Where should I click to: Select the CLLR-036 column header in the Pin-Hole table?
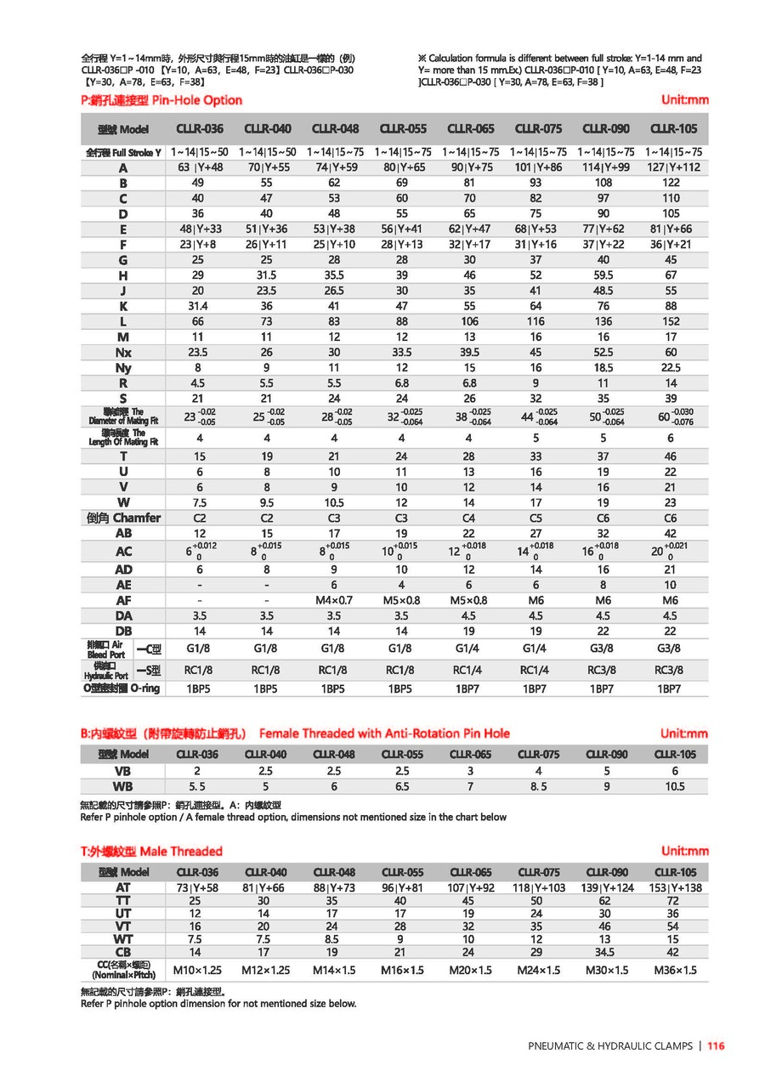(200, 129)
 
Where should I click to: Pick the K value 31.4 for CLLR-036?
(197, 306)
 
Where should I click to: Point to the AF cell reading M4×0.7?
(334, 601)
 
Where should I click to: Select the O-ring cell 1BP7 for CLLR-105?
(670, 688)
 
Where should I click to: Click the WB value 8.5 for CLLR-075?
(538, 787)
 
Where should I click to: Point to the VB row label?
(123, 771)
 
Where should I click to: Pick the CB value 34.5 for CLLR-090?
(605, 952)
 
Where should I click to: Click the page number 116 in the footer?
(716, 1046)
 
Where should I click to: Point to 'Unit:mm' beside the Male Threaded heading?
(684, 852)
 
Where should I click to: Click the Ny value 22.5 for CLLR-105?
(671, 367)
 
